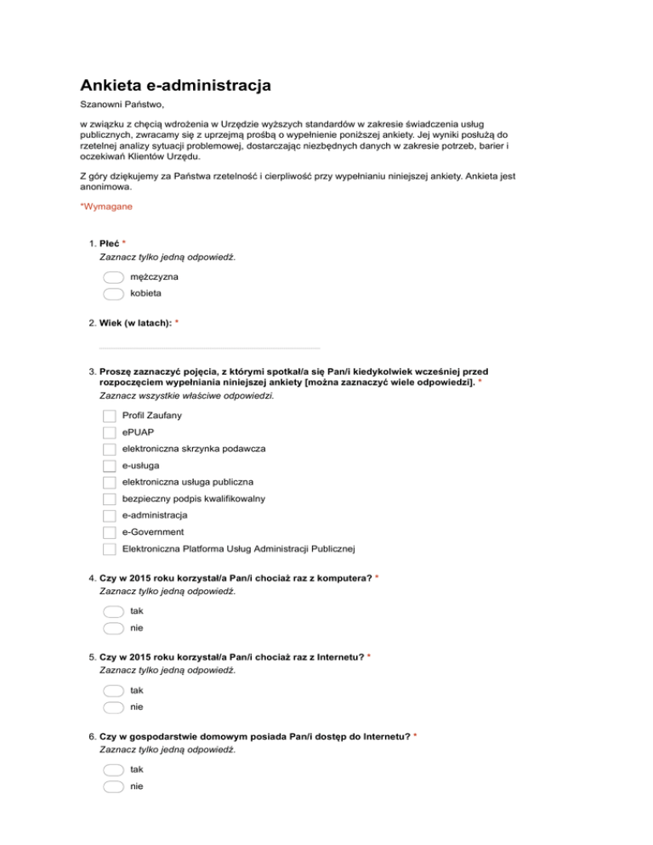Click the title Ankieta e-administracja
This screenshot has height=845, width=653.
click(x=175, y=86)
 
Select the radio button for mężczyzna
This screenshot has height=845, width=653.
click(x=112, y=277)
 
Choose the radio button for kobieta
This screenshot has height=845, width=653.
click(x=112, y=293)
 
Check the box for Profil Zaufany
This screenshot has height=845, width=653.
click(x=109, y=417)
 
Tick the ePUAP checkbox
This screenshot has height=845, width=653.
click(x=109, y=433)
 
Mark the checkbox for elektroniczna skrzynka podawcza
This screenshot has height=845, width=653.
click(x=109, y=450)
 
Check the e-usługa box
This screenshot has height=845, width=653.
click(x=109, y=466)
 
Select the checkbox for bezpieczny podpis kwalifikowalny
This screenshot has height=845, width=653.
click(x=109, y=499)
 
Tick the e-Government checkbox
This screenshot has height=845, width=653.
click(x=109, y=532)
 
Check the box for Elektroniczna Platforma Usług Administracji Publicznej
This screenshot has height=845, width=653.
click(x=109, y=549)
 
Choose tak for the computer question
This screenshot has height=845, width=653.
click(x=112, y=611)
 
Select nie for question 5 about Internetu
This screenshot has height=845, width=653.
click(x=112, y=706)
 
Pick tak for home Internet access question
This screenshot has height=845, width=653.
click(x=112, y=769)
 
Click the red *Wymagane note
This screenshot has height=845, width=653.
click(x=105, y=207)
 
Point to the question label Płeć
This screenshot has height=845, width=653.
click(x=110, y=243)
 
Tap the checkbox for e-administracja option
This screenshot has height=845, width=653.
click(x=109, y=516)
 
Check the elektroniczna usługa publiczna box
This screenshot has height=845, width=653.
click(x=109, y=483)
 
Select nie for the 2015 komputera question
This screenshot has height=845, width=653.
click(x=112, y=627)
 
